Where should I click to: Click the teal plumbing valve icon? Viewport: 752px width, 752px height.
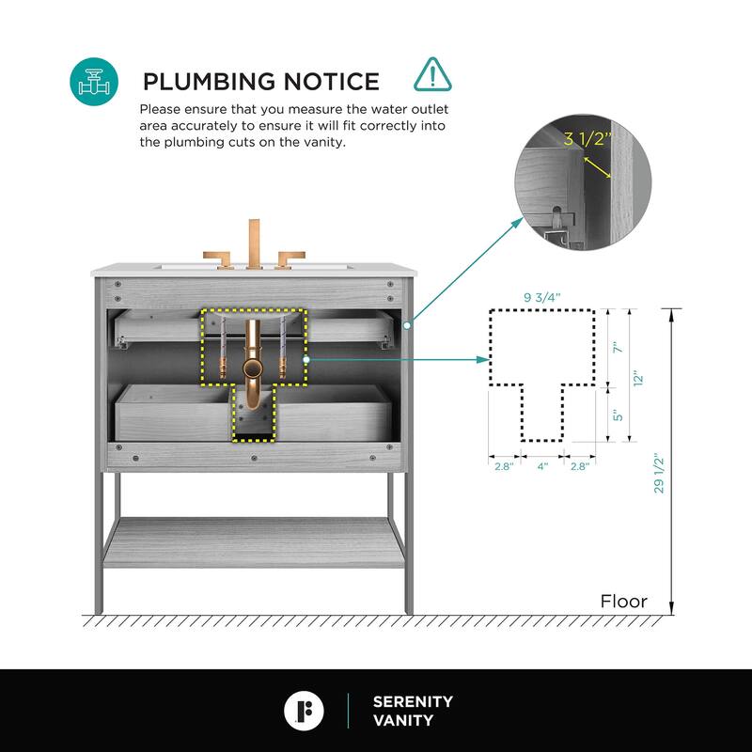click(x=94, y=82)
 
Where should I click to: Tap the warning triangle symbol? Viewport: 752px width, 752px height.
click(x=431, y=73)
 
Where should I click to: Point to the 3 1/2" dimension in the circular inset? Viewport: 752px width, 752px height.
click(x=587, y=140)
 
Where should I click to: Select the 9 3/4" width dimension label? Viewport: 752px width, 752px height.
click(x=541, y=298)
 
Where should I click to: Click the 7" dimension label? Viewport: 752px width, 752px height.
click(x=617, y=347)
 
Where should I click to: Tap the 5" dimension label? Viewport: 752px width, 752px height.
click(x=617, y=414)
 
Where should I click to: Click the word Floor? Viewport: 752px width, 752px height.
click(x=624, y=602)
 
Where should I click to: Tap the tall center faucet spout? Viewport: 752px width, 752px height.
click(x=254, y=243)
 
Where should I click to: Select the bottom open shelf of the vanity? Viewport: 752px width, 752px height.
click(x=254, y=542)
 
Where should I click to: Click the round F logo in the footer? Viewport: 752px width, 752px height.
click(x=304, y=711)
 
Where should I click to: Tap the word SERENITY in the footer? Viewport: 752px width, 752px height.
click(x=413, y=701)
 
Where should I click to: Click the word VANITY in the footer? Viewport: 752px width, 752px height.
click(x=403, y=721)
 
